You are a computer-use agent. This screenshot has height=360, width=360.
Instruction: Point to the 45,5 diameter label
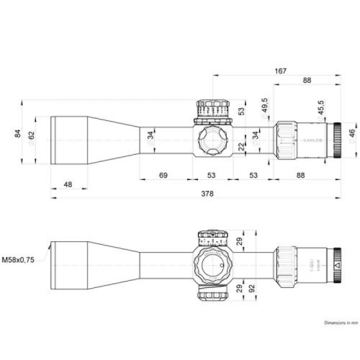tap(321, 109)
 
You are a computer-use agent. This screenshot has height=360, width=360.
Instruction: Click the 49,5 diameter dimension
tap(265, 105)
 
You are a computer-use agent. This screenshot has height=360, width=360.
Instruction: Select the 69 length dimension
tap(163, 176)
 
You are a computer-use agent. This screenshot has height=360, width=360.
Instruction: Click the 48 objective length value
tap(68, 185)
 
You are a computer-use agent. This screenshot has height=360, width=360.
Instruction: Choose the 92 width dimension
tap(253, 288)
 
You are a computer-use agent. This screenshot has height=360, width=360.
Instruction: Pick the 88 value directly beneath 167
tap(307, 81)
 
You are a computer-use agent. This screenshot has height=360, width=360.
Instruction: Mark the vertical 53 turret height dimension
tap(241, 111)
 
